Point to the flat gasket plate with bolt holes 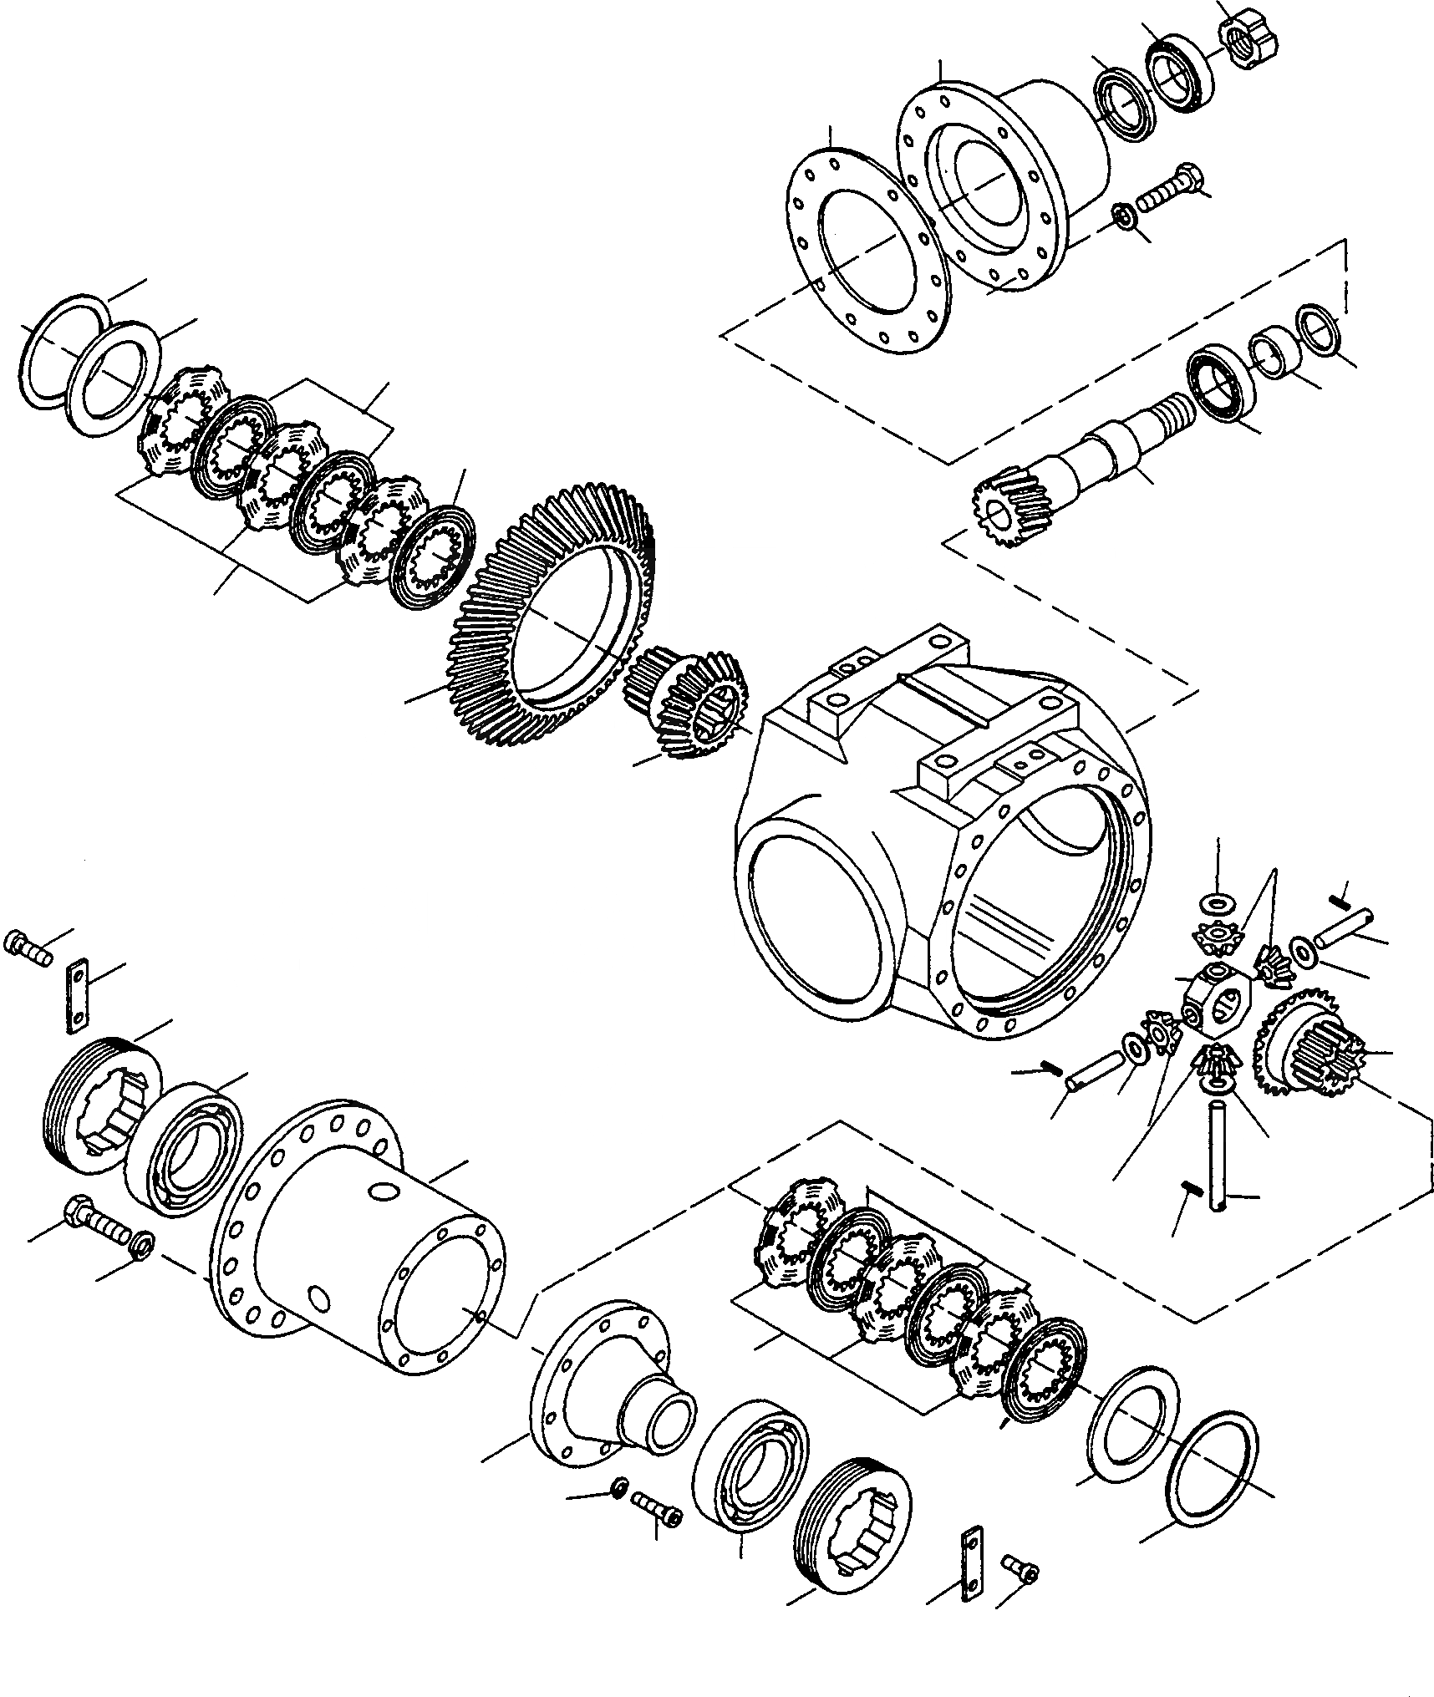tap(869, 251)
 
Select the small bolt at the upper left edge tap(28, 948)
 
